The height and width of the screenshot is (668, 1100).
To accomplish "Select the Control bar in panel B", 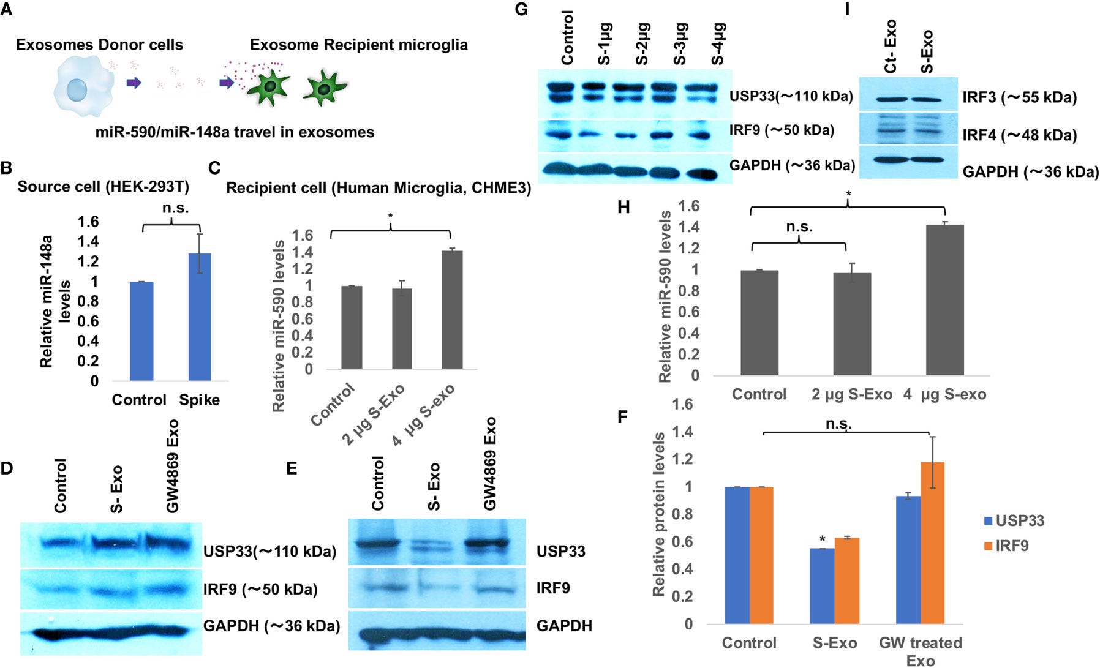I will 141,331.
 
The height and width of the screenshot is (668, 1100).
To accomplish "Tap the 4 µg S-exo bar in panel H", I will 944,300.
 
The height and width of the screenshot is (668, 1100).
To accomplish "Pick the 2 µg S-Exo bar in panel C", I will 402,328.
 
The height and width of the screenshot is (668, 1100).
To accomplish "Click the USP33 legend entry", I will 1014,521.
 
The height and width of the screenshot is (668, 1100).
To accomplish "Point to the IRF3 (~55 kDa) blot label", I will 1019,98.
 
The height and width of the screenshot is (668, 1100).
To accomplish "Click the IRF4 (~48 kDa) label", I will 1019,135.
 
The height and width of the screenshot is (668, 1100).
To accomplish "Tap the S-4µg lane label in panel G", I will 718,43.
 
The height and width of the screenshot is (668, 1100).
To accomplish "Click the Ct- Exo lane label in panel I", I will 890,46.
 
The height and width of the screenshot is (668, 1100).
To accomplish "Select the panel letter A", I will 6,12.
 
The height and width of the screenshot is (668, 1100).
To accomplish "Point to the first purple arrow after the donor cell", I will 134,83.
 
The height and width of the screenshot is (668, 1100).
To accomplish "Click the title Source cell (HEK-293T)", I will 103,186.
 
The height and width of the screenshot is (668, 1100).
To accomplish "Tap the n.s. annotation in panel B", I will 175,208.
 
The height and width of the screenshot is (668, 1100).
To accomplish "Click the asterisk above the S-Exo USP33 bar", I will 822,539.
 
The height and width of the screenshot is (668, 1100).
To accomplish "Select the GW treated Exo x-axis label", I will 920,651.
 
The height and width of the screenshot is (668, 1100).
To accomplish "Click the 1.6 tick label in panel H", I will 689,206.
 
